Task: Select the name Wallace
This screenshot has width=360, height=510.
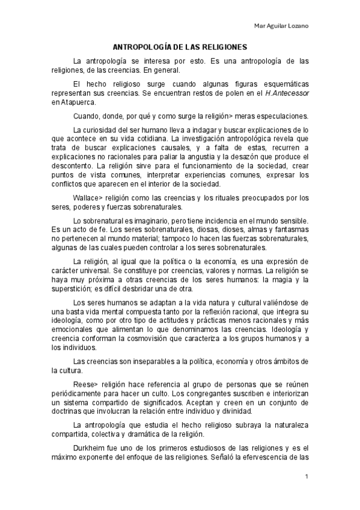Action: pyautogui.click(x=85, y=197)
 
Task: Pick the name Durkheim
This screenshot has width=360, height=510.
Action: pyautogui.click(x=90, y=449)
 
